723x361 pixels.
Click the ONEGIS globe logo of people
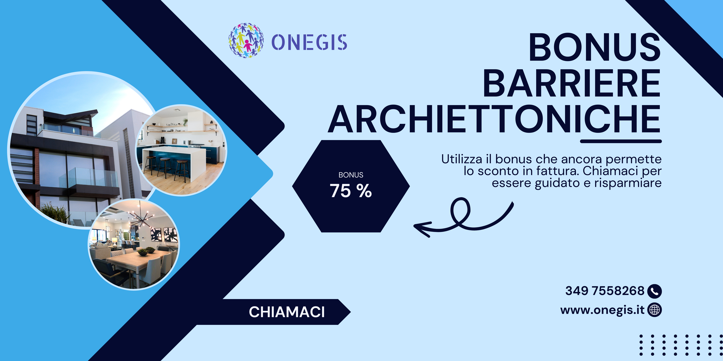246,40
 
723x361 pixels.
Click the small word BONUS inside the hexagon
351,175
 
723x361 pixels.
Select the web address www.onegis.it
602,310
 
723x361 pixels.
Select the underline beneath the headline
621,141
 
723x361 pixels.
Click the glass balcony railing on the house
89,177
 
